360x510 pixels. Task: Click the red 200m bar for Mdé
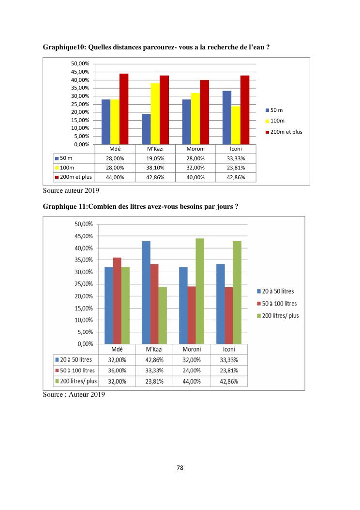[x=124, y=109]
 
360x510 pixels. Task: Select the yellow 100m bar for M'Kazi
[x=155, y=114]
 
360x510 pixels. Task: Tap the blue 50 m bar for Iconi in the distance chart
[x=226, y=118]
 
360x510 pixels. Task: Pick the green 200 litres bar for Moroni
[x=200, y=291]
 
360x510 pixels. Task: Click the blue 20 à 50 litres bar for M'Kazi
[x=146, y=293]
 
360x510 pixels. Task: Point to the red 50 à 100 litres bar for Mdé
[x=117, y=301]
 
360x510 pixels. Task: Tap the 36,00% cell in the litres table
[x=117, y=371]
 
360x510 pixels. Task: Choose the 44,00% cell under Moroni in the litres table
[x=192, y=381]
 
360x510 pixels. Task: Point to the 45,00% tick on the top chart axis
[x=80, y=72]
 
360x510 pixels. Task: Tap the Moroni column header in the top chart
[x=196, y=149]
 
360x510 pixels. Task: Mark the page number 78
[x=180, y=468]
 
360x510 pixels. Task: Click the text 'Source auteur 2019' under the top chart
[x=68, y=191]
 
